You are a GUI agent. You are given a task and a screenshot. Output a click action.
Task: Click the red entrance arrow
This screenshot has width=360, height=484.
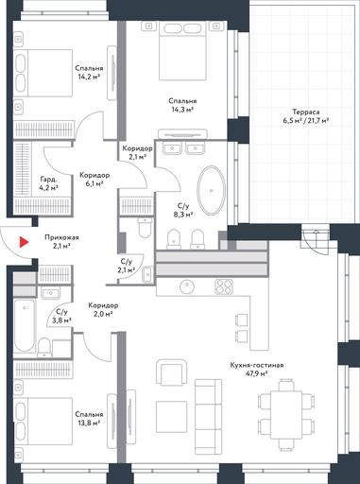[x=24, y=242]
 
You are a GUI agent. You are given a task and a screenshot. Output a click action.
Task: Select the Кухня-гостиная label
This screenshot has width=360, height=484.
[x=257, y=365]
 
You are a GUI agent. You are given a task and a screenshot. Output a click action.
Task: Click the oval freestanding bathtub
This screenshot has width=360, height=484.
[x=212, y=191]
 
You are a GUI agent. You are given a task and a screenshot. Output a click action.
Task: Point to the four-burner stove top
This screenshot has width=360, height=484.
[x=224, y=286]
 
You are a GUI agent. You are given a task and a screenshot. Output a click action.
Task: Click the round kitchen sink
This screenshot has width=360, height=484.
[x=187, y=286]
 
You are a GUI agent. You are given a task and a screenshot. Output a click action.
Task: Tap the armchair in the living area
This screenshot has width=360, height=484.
[x=172, y=373]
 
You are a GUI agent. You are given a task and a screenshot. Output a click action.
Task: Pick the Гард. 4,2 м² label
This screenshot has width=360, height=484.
[x=49, y=183]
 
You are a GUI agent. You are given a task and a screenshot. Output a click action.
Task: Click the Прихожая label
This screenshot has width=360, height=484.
[x=61, y=237]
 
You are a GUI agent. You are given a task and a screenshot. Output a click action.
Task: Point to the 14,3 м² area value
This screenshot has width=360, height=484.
[x=182, y=110]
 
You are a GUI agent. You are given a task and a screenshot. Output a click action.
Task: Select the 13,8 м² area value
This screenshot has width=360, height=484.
[x=89, y=423]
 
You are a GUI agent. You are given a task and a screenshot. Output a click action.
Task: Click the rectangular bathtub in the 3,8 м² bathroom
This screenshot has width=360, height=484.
[x=25, y=325]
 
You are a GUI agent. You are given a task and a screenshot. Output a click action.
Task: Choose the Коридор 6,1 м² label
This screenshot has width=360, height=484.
[x=94, y=180]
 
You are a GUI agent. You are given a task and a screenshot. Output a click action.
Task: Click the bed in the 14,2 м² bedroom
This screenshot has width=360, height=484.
[x=43, y=73]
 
